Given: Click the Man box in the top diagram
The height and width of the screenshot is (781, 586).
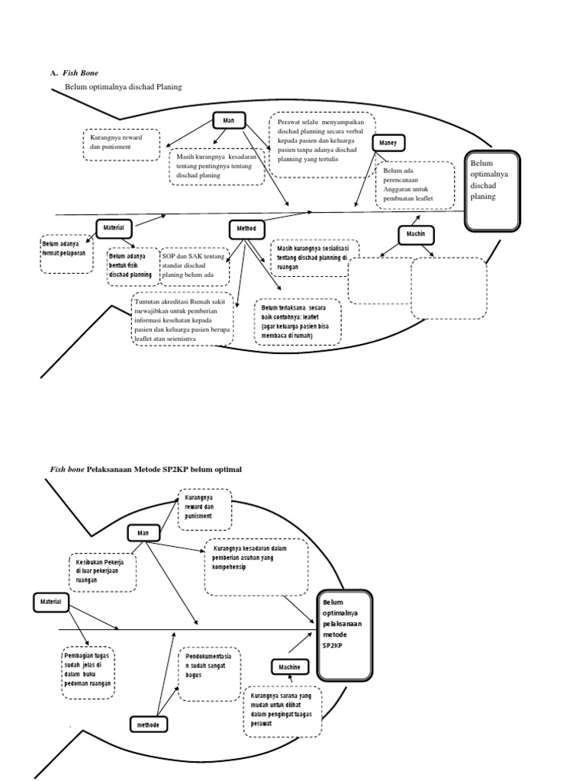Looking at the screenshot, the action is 229,121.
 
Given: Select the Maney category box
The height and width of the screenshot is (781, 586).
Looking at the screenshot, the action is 388,143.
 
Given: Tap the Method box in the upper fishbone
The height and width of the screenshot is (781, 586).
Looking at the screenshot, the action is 246,229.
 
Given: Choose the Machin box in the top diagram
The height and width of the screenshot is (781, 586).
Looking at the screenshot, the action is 416,235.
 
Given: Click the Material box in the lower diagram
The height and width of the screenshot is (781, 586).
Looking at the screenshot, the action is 51,603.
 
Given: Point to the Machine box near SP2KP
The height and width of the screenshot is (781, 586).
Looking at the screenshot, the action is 290,667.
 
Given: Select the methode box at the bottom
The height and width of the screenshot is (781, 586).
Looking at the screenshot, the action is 149,725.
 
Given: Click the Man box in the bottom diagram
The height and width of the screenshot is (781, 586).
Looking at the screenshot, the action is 143,533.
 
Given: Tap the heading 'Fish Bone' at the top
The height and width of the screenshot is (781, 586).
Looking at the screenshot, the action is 80,73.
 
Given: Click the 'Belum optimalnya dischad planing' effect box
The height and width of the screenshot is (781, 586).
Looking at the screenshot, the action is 492,191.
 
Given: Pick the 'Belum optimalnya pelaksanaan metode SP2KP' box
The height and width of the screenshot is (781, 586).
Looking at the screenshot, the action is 345,635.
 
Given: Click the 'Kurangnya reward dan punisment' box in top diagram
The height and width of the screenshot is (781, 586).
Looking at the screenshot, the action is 121,144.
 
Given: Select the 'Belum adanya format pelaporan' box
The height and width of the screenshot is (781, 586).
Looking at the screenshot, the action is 66,254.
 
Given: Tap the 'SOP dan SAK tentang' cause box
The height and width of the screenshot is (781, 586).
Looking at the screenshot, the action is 195,266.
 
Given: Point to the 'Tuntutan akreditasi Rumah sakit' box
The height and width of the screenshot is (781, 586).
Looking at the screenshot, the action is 183,320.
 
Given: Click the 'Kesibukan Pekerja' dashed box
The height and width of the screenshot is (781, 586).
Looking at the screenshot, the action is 103,572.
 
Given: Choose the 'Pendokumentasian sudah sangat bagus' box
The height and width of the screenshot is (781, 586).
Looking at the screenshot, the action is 209,674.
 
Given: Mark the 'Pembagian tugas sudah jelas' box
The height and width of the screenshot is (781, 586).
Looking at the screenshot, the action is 89,673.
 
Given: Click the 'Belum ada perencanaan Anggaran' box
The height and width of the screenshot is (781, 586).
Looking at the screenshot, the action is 415,185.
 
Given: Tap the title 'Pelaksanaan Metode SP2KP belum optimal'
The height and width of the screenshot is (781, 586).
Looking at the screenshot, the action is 164,469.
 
